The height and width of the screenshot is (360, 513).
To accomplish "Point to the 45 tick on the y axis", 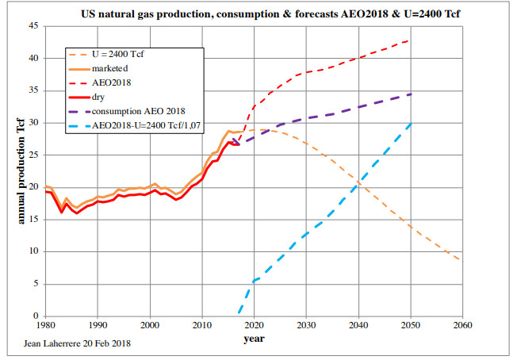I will pyautogui.click(x=34, y=26).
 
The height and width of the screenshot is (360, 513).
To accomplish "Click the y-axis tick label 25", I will pyautogui.click(x=34, y=155).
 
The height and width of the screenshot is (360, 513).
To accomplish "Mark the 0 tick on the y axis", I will pyautogui.click(x=37, y=316).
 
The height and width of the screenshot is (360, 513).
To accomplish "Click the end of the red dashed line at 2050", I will pyautogui.click(x=408, y=40).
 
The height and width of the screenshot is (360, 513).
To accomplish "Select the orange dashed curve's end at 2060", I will pyautogui.click(x=460, y=260).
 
